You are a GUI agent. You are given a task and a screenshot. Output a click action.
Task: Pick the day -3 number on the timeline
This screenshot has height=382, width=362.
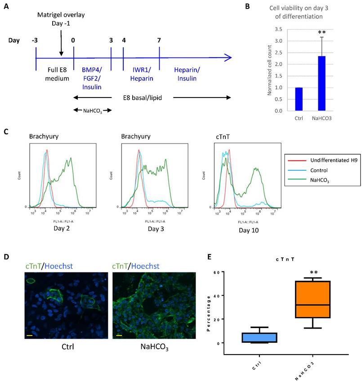pyautogui.click(x=35, y=40)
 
